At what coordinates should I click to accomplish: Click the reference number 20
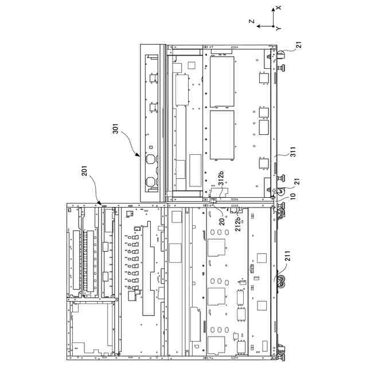tap(222, 221)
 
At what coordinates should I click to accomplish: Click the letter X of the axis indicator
tap(278, 7)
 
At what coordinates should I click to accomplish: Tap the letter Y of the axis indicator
tap(278, 28)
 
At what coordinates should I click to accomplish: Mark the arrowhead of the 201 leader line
tap(100, 204)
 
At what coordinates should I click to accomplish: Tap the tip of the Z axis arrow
tap(257, 26)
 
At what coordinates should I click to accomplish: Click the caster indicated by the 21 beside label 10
tap(281, 192)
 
